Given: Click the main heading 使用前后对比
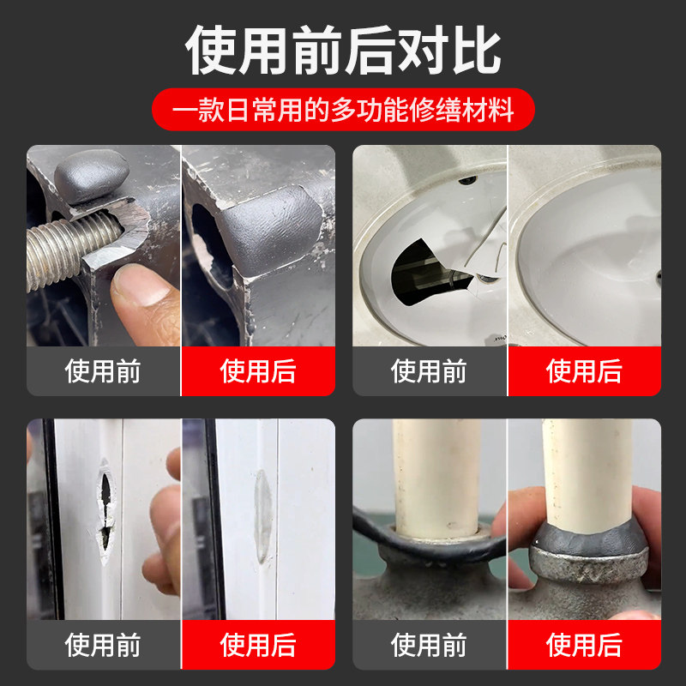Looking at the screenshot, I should (x=343, y=49).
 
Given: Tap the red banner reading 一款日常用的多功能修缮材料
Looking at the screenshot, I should (x=343, y=111).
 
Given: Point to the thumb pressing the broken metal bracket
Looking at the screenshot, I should (x=141, y=296).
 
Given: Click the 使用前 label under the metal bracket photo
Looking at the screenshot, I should (x=104, y=371).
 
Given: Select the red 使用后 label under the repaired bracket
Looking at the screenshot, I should (x=258, y=371).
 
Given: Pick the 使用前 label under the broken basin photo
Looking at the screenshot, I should (x=430, y=371).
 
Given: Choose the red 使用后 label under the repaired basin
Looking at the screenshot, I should (x=584, y=371).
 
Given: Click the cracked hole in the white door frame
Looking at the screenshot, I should (x=105, y=506).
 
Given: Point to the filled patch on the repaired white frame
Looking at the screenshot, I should (x=262, y=514).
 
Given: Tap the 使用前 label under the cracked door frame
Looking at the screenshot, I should (x=104, y=645).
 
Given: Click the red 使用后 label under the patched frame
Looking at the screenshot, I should (x=258, y=645).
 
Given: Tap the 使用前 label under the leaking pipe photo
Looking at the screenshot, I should (x=430, y=645).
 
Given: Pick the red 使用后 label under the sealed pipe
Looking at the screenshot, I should (x=584, y=645).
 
